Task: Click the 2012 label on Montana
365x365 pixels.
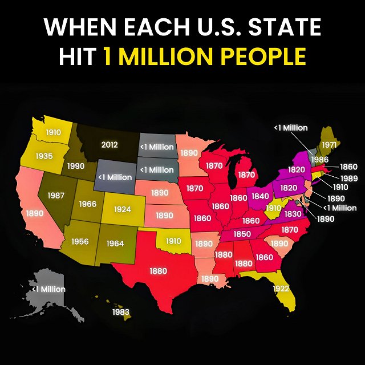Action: point(109,145)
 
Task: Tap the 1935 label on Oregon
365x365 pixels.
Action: point(44,156)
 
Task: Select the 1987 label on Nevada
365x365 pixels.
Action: point(55,196)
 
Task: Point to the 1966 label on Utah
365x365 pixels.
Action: point(87,204)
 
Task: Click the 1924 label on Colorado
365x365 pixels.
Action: point(122,209)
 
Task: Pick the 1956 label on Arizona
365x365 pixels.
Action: point(79,241)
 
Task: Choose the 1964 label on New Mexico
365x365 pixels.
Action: point(115,244)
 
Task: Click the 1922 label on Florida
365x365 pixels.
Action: point(281,289)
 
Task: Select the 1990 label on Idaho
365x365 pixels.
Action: point(76,166)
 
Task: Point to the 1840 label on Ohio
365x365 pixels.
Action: point(259,196)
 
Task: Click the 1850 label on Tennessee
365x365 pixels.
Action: point(242,234)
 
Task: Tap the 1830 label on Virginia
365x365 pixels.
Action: point(292,214)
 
